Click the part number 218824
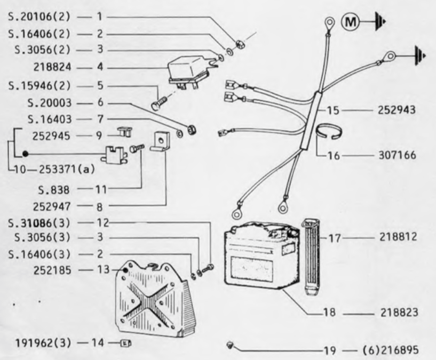click(x=52, y=67)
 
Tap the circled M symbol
click(x=350, y=22)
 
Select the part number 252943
click(x=396, y=110)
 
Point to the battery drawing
click(x=262, y=256)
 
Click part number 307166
click(x=398, y=155)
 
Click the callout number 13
click(x=103, y=270)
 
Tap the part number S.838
click(x=54, y=190)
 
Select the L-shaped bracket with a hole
click(x=160, y=141)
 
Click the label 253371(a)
click(x=67, y=169)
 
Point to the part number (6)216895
click(x=391, y=350)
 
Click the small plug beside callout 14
click(x=125, y=343)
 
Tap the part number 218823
click(x=399, y=313)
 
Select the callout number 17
click(x=335, y=238)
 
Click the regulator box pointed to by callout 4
click(x=189, y=72)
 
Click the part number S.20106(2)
click(x=39, y=17)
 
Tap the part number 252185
click(x=52, y=270)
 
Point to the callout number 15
click(x=333, y=110)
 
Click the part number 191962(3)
click(x=43, y=343)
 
